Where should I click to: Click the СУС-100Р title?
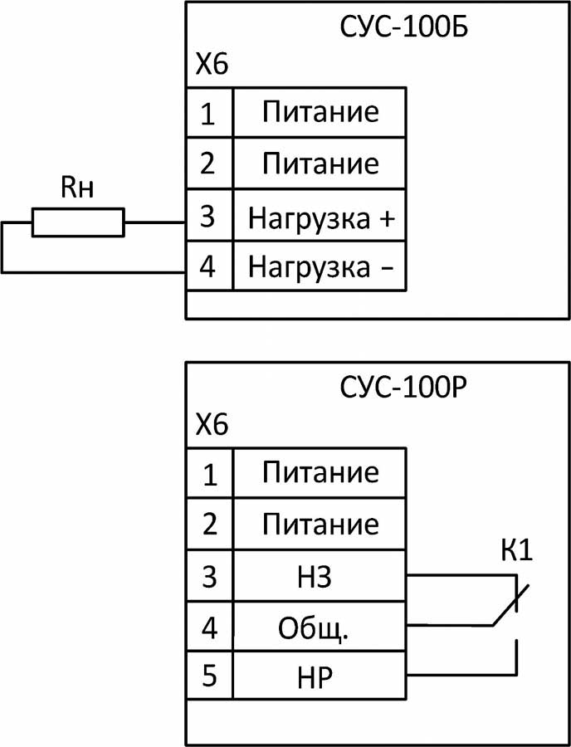point(404,388)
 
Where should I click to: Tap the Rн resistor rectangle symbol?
point(78,223)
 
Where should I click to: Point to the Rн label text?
point(77,188)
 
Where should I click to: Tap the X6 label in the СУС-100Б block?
point(211,65)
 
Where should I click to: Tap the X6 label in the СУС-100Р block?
point(211,427)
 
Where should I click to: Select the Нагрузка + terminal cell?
point(320,220)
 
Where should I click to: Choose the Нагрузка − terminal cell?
point(320,268)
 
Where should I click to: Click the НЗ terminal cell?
point(320,575)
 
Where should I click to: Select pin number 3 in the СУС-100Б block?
point(209,217)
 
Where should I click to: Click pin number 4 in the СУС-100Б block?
point(209,268)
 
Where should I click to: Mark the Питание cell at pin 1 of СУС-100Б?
point(320,112)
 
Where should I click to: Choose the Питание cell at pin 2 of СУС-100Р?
point(320,525)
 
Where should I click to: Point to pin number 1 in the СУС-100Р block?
point(209,475)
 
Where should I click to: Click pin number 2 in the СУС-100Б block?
point(209,164)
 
